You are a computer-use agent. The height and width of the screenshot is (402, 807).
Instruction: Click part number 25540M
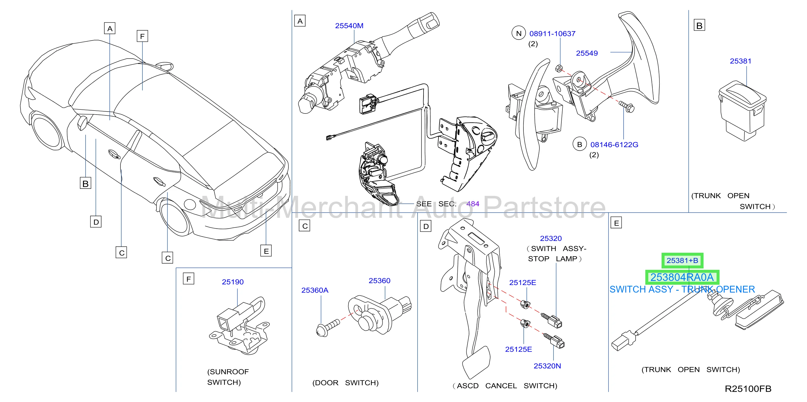coord(349,26)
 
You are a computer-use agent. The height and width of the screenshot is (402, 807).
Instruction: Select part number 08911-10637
coord(552,34)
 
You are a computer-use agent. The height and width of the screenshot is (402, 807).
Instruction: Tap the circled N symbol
coord(519,33)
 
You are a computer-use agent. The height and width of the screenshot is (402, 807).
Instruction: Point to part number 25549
coord(587,53)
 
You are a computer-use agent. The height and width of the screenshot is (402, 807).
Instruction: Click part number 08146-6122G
coord(614,145)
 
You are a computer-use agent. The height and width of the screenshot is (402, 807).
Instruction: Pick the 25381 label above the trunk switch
coord(741,61)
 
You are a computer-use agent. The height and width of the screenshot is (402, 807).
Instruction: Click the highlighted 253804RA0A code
coord(682,277)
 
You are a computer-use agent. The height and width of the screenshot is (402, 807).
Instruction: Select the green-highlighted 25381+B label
coord(682,260)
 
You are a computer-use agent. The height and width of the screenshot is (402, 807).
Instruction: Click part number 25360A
coord(315,290)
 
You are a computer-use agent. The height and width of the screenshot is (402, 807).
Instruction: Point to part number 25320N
coord(547,366)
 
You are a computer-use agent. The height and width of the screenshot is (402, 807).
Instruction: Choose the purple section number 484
coord(473,204)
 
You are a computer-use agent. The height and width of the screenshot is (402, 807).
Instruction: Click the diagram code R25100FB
coord(748,389)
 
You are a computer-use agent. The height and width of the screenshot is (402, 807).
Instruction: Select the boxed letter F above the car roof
coord(142,36)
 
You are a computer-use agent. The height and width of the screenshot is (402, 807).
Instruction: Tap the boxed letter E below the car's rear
coord(266,251)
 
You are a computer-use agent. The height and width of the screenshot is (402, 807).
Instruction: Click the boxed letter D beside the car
coord(96,222)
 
